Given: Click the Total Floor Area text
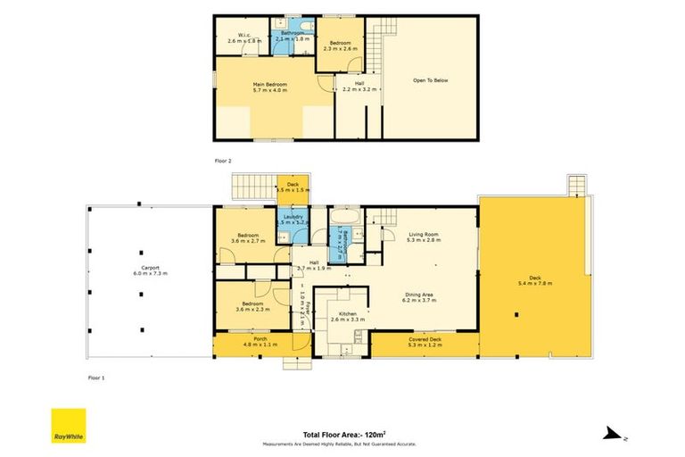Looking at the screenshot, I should click(x=339, y=431).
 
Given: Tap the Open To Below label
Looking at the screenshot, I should click(x=430, y=79).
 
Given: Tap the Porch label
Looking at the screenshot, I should click(x=260, y=341).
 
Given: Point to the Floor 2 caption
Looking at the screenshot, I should click(x=223, y=160).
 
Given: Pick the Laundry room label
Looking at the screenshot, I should click(x=292, y=219).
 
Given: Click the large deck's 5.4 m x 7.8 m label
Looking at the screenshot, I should click(x=535, y=280).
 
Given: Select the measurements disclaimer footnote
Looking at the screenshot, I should click(x=339, y=443).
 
